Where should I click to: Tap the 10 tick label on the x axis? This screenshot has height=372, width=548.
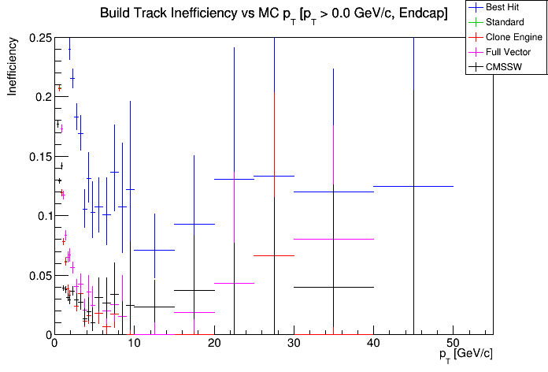(133, 344)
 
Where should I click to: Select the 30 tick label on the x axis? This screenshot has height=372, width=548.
(293, 344)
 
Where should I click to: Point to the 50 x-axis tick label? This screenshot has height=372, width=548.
(453, 344)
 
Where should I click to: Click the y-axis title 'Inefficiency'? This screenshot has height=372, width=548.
(13, 68)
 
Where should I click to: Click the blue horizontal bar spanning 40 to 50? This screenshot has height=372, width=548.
(413, 186)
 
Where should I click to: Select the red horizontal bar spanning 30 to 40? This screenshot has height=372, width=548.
(333, 239)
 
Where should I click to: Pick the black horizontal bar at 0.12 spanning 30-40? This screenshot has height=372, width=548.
(333, 192)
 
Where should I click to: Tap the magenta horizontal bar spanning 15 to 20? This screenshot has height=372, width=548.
(194, 312)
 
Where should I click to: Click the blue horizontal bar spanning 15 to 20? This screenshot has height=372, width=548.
(194, 224)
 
